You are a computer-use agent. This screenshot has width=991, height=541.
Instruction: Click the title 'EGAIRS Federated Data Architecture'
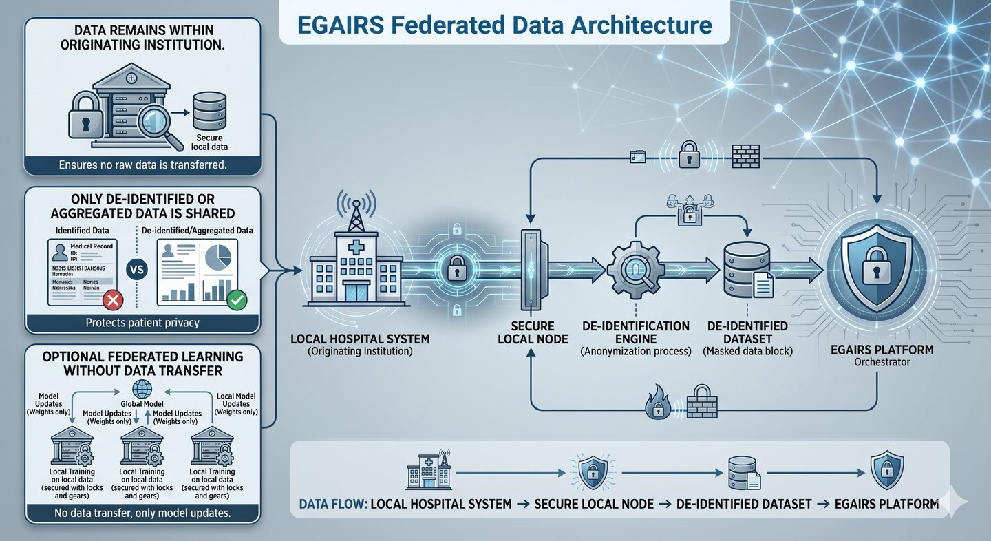pyautogui.click(x=504, y=25)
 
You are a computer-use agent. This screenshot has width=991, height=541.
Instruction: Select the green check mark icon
pyautogui.click(x=237, y=299)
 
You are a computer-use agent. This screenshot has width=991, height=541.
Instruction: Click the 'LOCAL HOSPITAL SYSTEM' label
pyautogui.click(x=361, y=339)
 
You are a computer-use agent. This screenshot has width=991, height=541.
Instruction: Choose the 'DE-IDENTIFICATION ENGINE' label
pyautogui.click(x=635, y=332)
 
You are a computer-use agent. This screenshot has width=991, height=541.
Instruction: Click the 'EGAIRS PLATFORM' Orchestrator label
pyautogui.click(x=875, y=350)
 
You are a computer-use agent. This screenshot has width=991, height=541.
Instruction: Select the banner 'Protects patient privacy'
pyautogui.click(x=142, y=322)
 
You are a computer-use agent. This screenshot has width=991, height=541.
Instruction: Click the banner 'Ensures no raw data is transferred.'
pyautogui.click(x=142, y=165)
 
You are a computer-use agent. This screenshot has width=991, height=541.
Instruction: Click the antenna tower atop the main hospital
pyautogui.click(x=356, y=210)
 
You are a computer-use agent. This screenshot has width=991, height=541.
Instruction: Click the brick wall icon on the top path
pyautogui.click(x=747, y=156)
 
